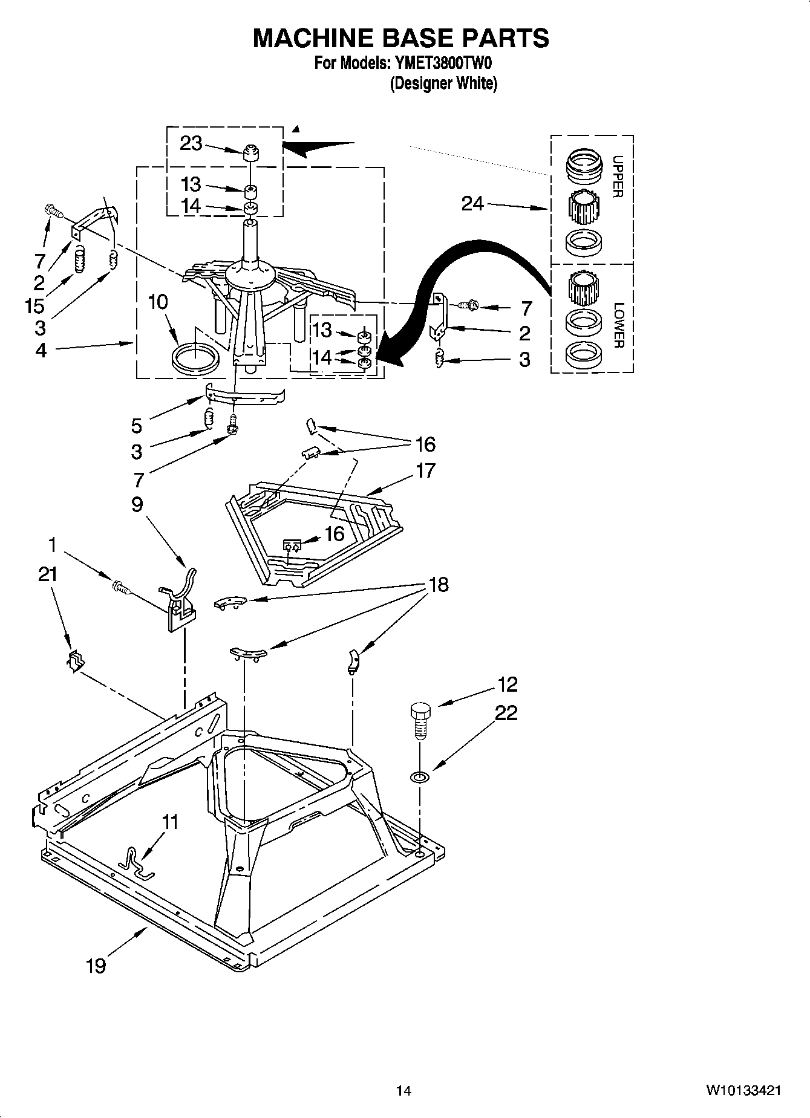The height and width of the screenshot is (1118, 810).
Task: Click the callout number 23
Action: (x=191, y=144)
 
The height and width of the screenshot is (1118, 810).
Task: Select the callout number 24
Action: (x=472, y=204)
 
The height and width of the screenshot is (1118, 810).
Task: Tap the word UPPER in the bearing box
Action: (x=617, y=177)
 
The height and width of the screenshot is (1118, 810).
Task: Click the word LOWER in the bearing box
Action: (x=618, y=325)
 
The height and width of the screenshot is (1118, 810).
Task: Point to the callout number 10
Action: (x=158, y=301)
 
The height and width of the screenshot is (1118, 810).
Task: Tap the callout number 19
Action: (x=96, y=966)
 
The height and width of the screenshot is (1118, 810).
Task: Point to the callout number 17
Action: (x=425, y=470)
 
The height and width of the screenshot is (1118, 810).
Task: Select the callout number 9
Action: (x=137, y=504)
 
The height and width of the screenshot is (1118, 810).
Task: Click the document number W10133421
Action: (x=742, y=1091)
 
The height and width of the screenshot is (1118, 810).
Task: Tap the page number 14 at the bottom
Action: (x=403, y=1091)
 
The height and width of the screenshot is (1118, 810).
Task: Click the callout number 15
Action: (x=34, y=306)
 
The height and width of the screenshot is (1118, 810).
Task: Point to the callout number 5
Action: (x=137, y=426)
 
